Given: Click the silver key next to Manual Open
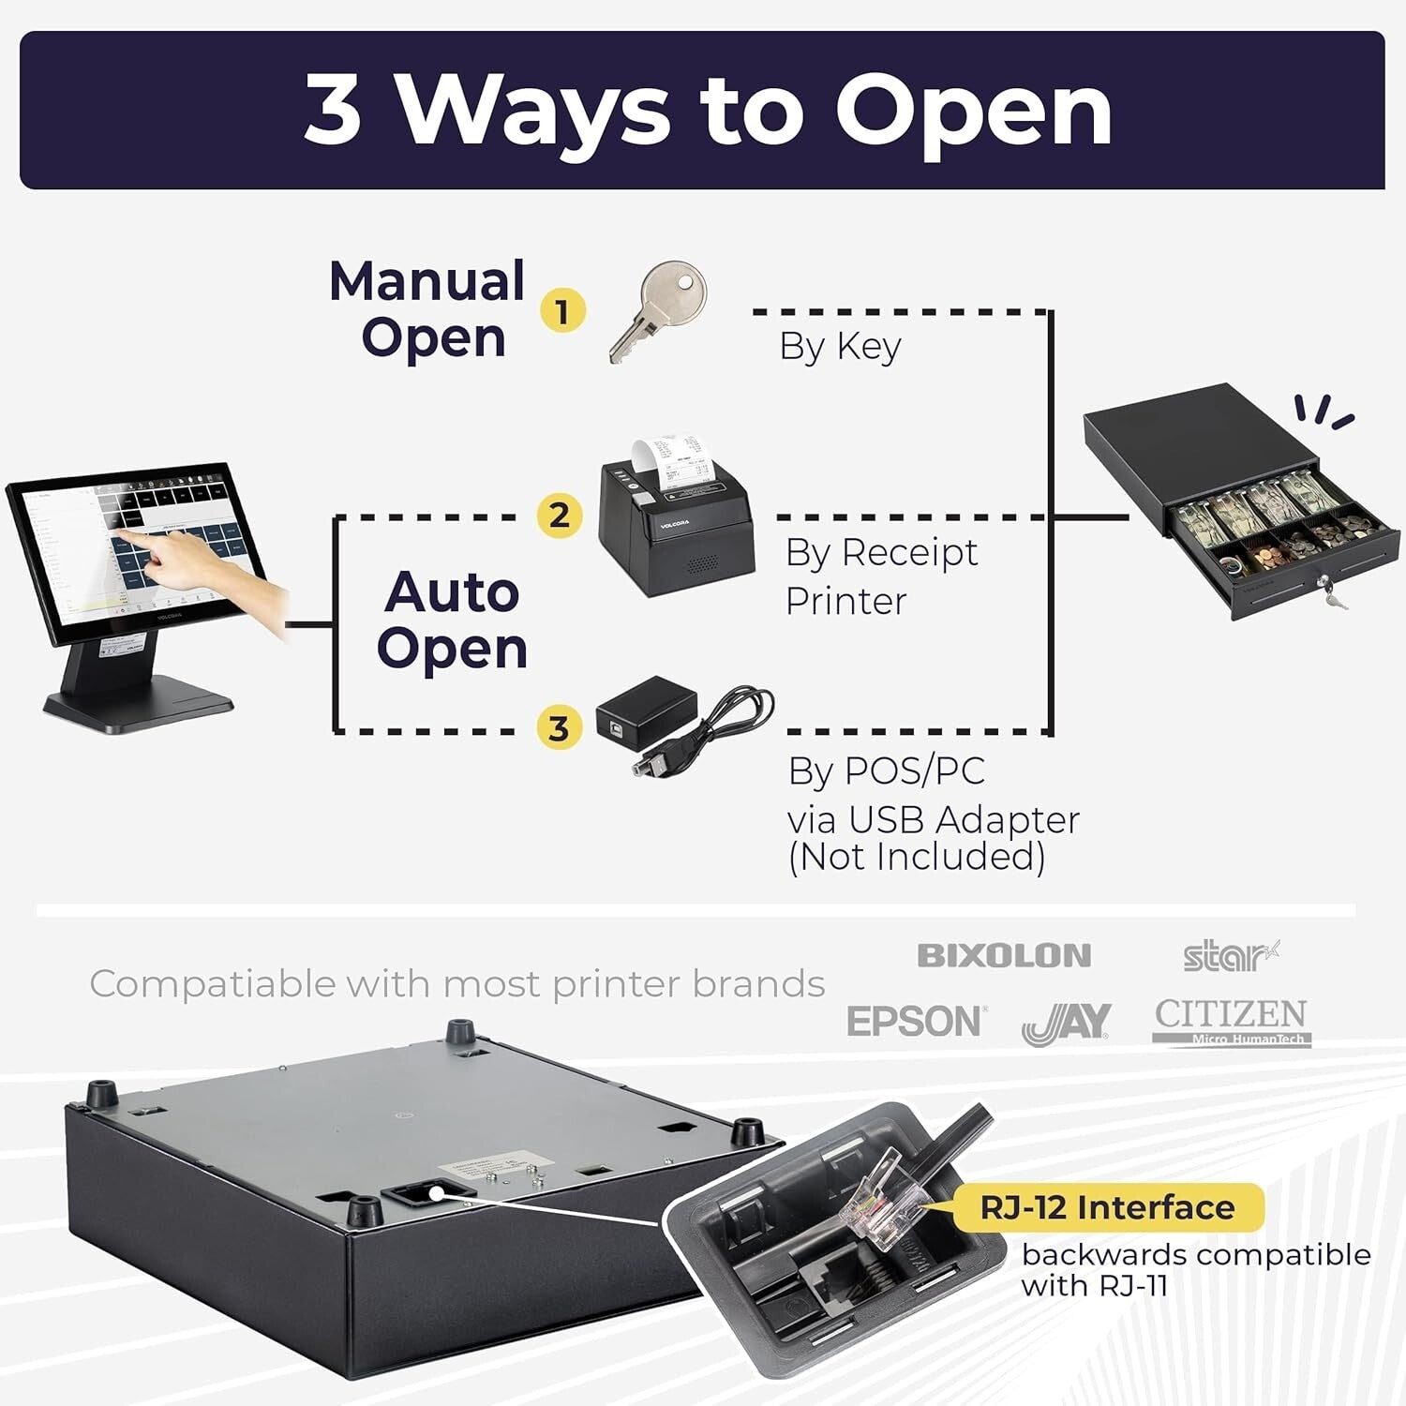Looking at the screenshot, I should coord(657,309).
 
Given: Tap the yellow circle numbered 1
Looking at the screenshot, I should coord(562,310).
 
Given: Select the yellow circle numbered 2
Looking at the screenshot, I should coord(560,515).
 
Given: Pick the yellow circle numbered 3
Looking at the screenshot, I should coord(560,727).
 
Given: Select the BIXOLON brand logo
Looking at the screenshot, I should coord(1004,956).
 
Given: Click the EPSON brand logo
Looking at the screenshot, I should coord(915,1021).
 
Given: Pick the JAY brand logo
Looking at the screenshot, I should coord(1067,1024).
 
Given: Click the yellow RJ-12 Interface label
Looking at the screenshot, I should coord(1107,1207).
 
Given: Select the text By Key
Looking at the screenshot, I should coord(840,346).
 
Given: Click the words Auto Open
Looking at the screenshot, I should coord(452,620).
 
